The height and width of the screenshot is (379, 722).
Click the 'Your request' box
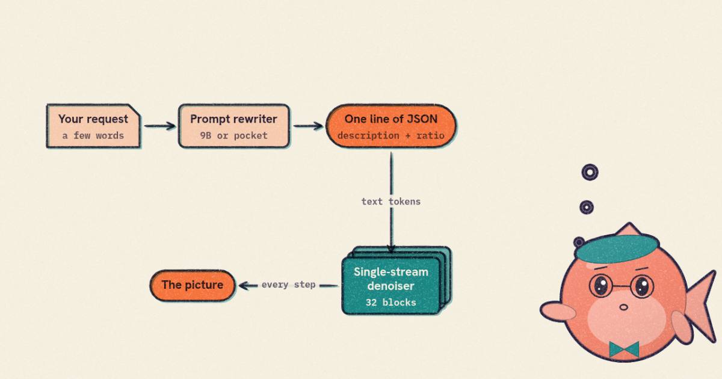point(93,126)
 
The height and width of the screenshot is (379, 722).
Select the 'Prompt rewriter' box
point(234,126)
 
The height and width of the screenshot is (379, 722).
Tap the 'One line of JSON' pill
point(391,126)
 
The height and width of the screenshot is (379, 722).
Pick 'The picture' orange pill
point(193,286)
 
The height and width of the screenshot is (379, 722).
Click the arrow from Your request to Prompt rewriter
point(159,126)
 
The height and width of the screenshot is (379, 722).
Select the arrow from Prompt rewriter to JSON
point(308,126)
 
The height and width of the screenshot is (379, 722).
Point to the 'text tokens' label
point(391,202)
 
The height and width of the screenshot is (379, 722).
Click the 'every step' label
point(288,285)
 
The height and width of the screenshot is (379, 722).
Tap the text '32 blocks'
point(391,303)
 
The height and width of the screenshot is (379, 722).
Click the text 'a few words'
point(93,136)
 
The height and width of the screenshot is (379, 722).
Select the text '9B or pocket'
point(233,136)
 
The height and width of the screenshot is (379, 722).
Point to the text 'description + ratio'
point(391,136)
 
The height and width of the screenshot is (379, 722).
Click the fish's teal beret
point(617,248)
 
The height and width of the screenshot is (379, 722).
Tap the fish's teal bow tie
point(624,349)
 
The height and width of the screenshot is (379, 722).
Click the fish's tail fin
point(701,306)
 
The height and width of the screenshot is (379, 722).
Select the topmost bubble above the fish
point(590,173)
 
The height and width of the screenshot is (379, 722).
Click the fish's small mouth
point(624,307)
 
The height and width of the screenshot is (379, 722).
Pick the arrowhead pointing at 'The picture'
point(244,286)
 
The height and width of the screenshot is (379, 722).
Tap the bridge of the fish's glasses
point(622,286)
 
